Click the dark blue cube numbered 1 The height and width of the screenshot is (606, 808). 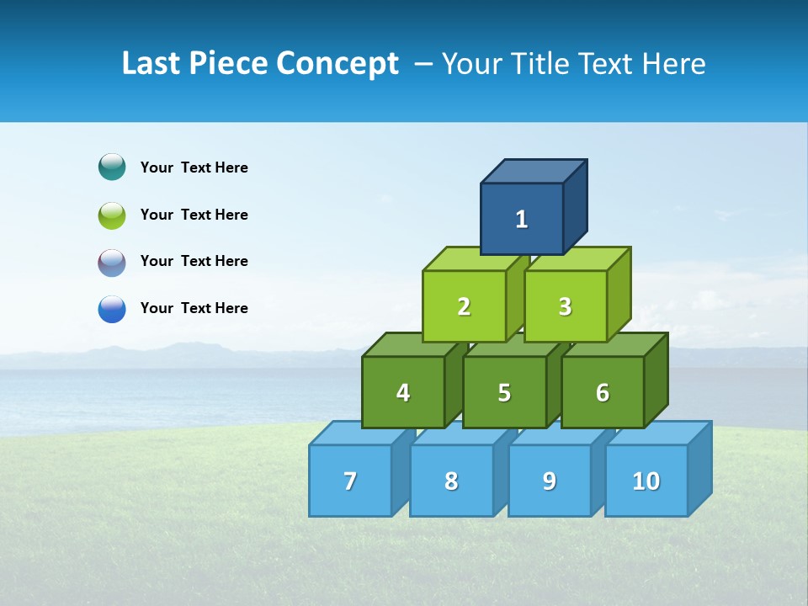coord(522,219)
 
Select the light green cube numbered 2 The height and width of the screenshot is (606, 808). coord(464,306)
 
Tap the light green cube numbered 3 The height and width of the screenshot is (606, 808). coord(565,306)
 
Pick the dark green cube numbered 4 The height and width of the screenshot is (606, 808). coord(403,392)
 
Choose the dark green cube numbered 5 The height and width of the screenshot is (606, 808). coord(504,392)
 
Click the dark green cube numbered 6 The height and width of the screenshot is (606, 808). coord(603,392)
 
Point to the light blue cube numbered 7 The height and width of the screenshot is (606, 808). coord(350,481)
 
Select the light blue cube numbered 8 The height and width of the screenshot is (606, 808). coord(451,481)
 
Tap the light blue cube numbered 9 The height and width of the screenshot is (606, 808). coord(550,481)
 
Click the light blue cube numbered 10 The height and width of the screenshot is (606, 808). coord(646,481)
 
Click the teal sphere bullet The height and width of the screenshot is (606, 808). coord(112,167)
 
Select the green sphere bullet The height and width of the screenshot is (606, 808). coord(112,215)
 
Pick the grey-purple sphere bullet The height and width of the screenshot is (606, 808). coord(112,262)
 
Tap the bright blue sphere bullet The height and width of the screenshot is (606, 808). coord(112,308)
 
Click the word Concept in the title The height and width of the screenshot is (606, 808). coord(338,63)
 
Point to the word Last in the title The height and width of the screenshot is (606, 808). coord(152,63)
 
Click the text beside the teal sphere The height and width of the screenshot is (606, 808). coord(194,167)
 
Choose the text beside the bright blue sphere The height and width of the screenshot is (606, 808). coord(194,308)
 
